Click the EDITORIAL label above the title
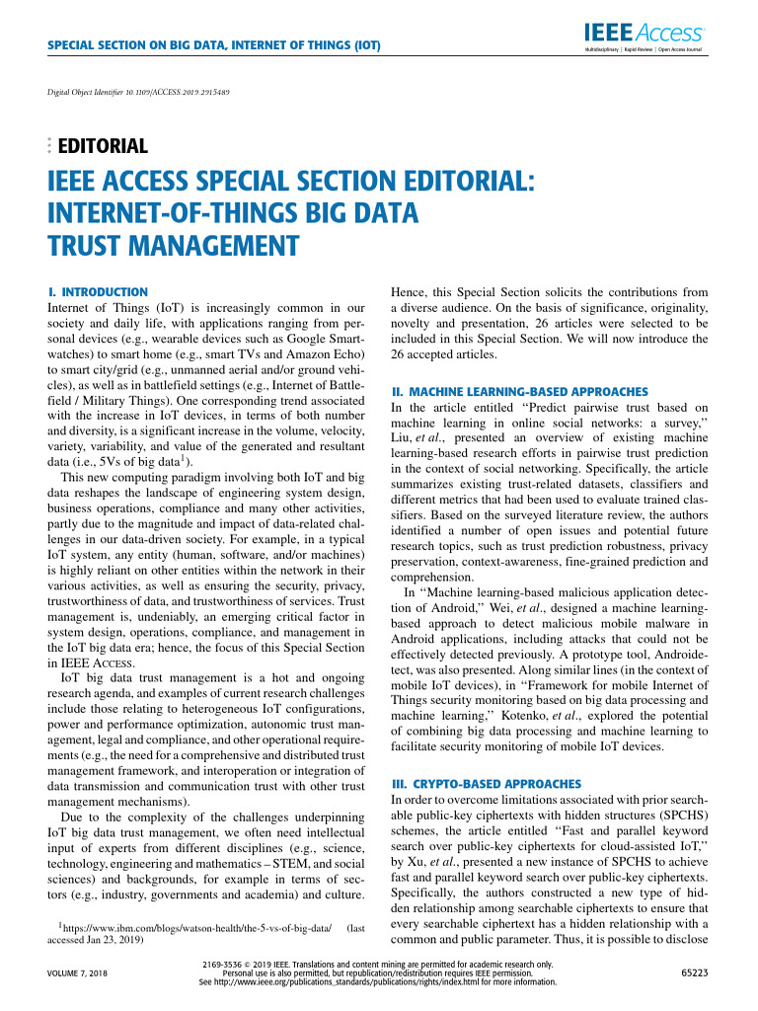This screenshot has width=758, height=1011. pyautogui.click(x=104, y=147)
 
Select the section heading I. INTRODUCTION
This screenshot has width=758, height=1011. pyautogui.click(x=98, y=292)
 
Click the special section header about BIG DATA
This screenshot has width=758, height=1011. pyautogui.click(x=214, y=45)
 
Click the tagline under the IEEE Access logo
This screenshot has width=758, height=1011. pyautogui.click(x=643, y=48)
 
